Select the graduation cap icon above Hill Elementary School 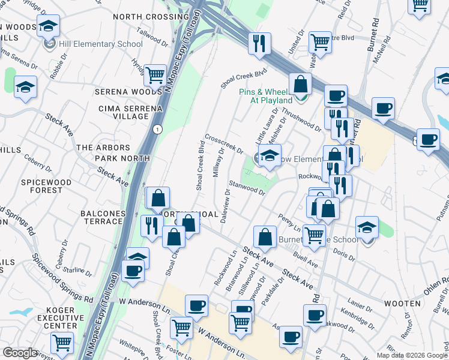(x=48, y=27)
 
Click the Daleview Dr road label (x=226, y=208)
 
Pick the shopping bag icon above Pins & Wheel (x=300, y=83)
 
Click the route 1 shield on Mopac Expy (x=157, y=130)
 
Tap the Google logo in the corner (x=20, y=353)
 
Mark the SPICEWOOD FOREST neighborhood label (x=46, y=186)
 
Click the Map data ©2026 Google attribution (x=411, y=355)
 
